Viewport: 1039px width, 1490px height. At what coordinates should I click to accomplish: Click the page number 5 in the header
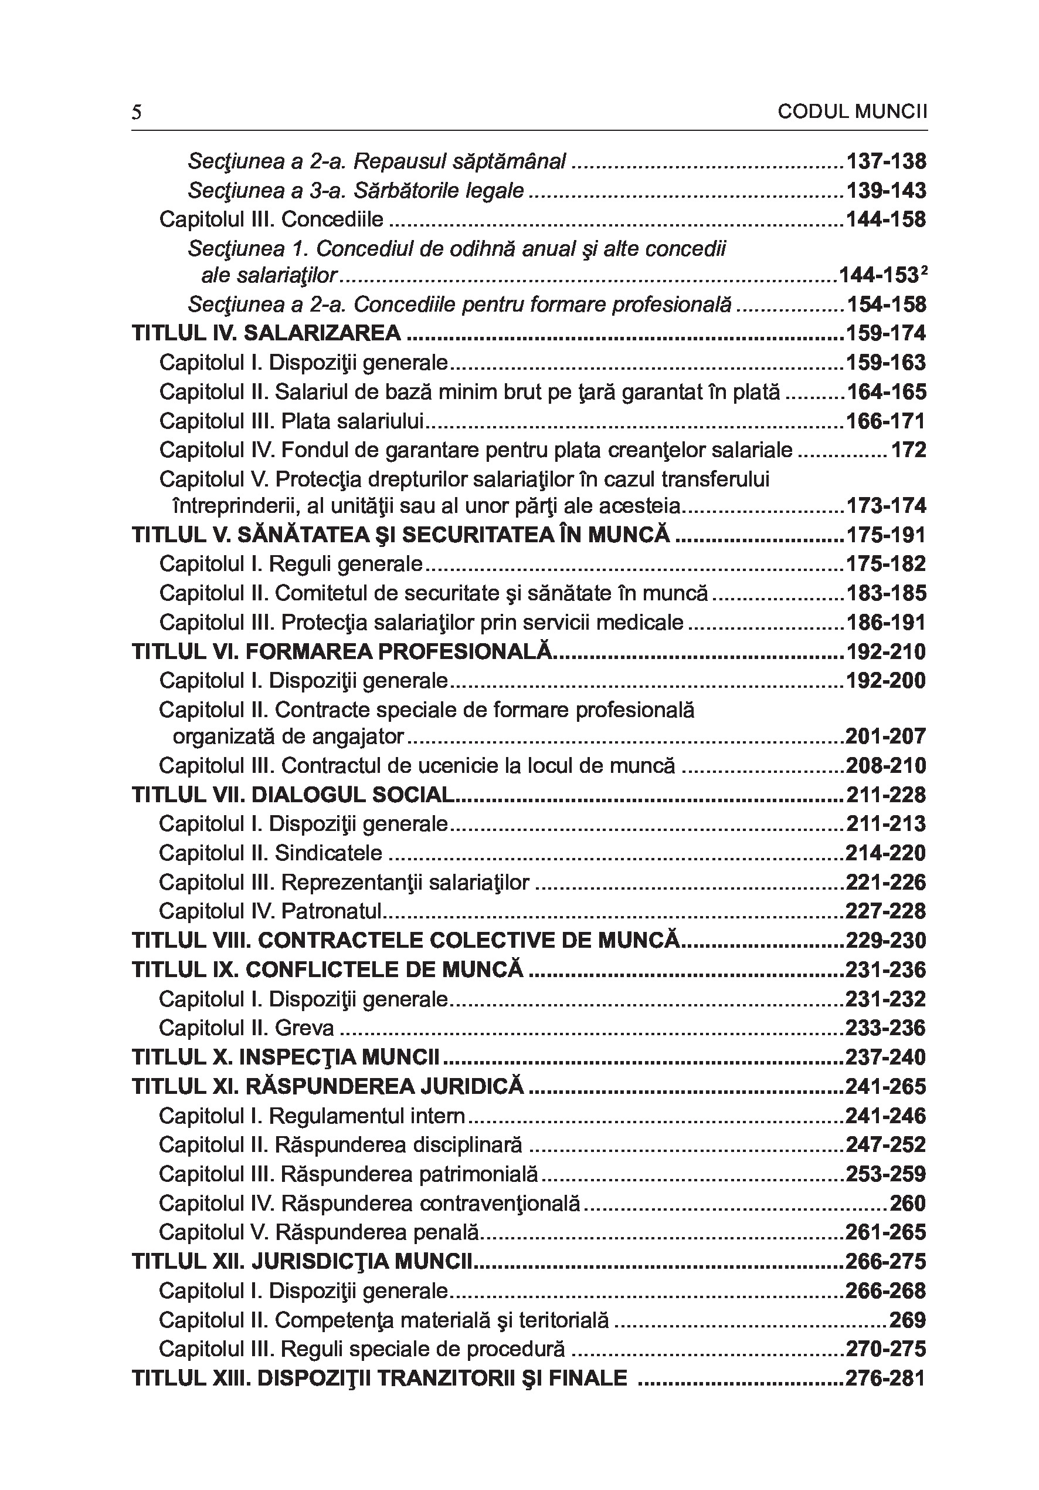coord(136,113)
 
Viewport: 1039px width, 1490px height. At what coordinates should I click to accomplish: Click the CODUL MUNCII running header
coord(852,112)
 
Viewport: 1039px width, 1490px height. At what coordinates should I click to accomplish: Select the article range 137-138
coord(886,161)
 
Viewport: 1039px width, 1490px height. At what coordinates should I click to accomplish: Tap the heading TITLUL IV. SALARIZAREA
coord(267,333)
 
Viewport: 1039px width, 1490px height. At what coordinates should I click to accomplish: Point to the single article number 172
coord(908,450)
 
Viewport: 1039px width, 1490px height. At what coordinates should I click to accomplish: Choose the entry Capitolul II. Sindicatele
coord(270,853)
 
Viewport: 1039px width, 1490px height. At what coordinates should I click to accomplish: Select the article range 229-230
coord(886,940)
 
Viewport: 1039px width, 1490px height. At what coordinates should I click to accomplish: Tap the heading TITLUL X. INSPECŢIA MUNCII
coord(286,1057)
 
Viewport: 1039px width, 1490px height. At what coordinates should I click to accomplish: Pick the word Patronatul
coord(331,911)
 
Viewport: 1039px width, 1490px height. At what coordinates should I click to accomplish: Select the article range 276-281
coord(886,1378)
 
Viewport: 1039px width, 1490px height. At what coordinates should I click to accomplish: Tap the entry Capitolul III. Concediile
coord(271,219)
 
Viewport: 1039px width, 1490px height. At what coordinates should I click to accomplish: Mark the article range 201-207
coord(886,736)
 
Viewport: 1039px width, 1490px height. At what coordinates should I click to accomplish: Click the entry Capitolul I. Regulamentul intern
coord(312,1116)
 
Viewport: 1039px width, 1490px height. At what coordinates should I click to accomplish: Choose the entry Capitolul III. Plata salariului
coord(291,421)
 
